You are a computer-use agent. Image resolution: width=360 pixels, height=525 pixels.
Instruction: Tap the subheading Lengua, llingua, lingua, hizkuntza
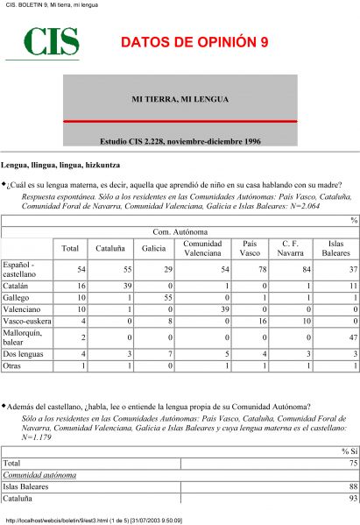coord(60,165)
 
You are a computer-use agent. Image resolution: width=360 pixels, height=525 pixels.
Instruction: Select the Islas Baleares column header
coord(335,249)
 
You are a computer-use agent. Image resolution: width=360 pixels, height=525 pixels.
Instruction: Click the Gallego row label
coord(17,299)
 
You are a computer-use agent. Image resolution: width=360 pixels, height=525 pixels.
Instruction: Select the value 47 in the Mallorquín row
coord(354,340)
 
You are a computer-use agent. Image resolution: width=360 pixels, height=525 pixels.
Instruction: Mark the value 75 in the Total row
coord(354,463)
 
